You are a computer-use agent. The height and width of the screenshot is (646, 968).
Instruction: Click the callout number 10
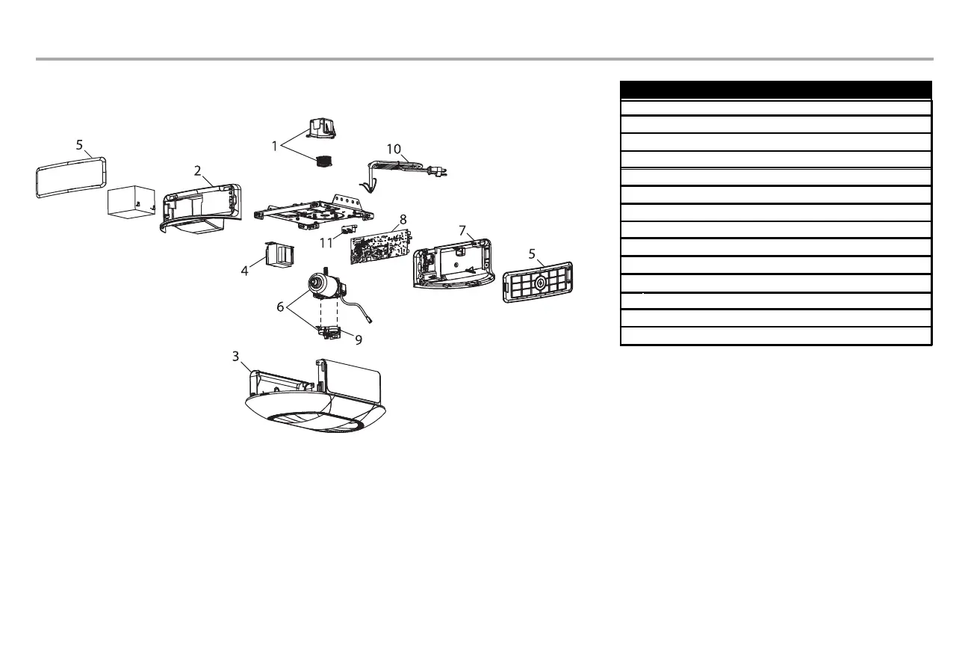(x=394, y=150)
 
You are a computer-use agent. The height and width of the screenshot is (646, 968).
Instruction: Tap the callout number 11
(x=326, y=242)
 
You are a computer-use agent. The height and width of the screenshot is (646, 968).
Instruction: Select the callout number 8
(x=403, y=219)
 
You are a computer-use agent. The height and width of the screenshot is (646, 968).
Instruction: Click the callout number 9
(x=359, y=339)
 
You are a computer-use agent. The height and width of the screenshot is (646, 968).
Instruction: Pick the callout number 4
(x=245, y=271)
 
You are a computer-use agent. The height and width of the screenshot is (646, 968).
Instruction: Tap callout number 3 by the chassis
(x=236, y=357)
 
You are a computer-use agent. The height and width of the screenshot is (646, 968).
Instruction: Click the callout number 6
(x=281, y=307)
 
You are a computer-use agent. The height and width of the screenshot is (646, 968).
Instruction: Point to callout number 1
(x=274, y=147)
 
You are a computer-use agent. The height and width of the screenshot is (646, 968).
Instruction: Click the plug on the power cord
(x=440, y=172)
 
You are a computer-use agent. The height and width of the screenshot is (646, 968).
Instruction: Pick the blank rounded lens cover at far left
(x=69, y=176)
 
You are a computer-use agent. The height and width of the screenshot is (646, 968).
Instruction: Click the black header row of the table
(x=776, y=89)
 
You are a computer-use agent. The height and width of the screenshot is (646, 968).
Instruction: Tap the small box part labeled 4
(x=279, y=255)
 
